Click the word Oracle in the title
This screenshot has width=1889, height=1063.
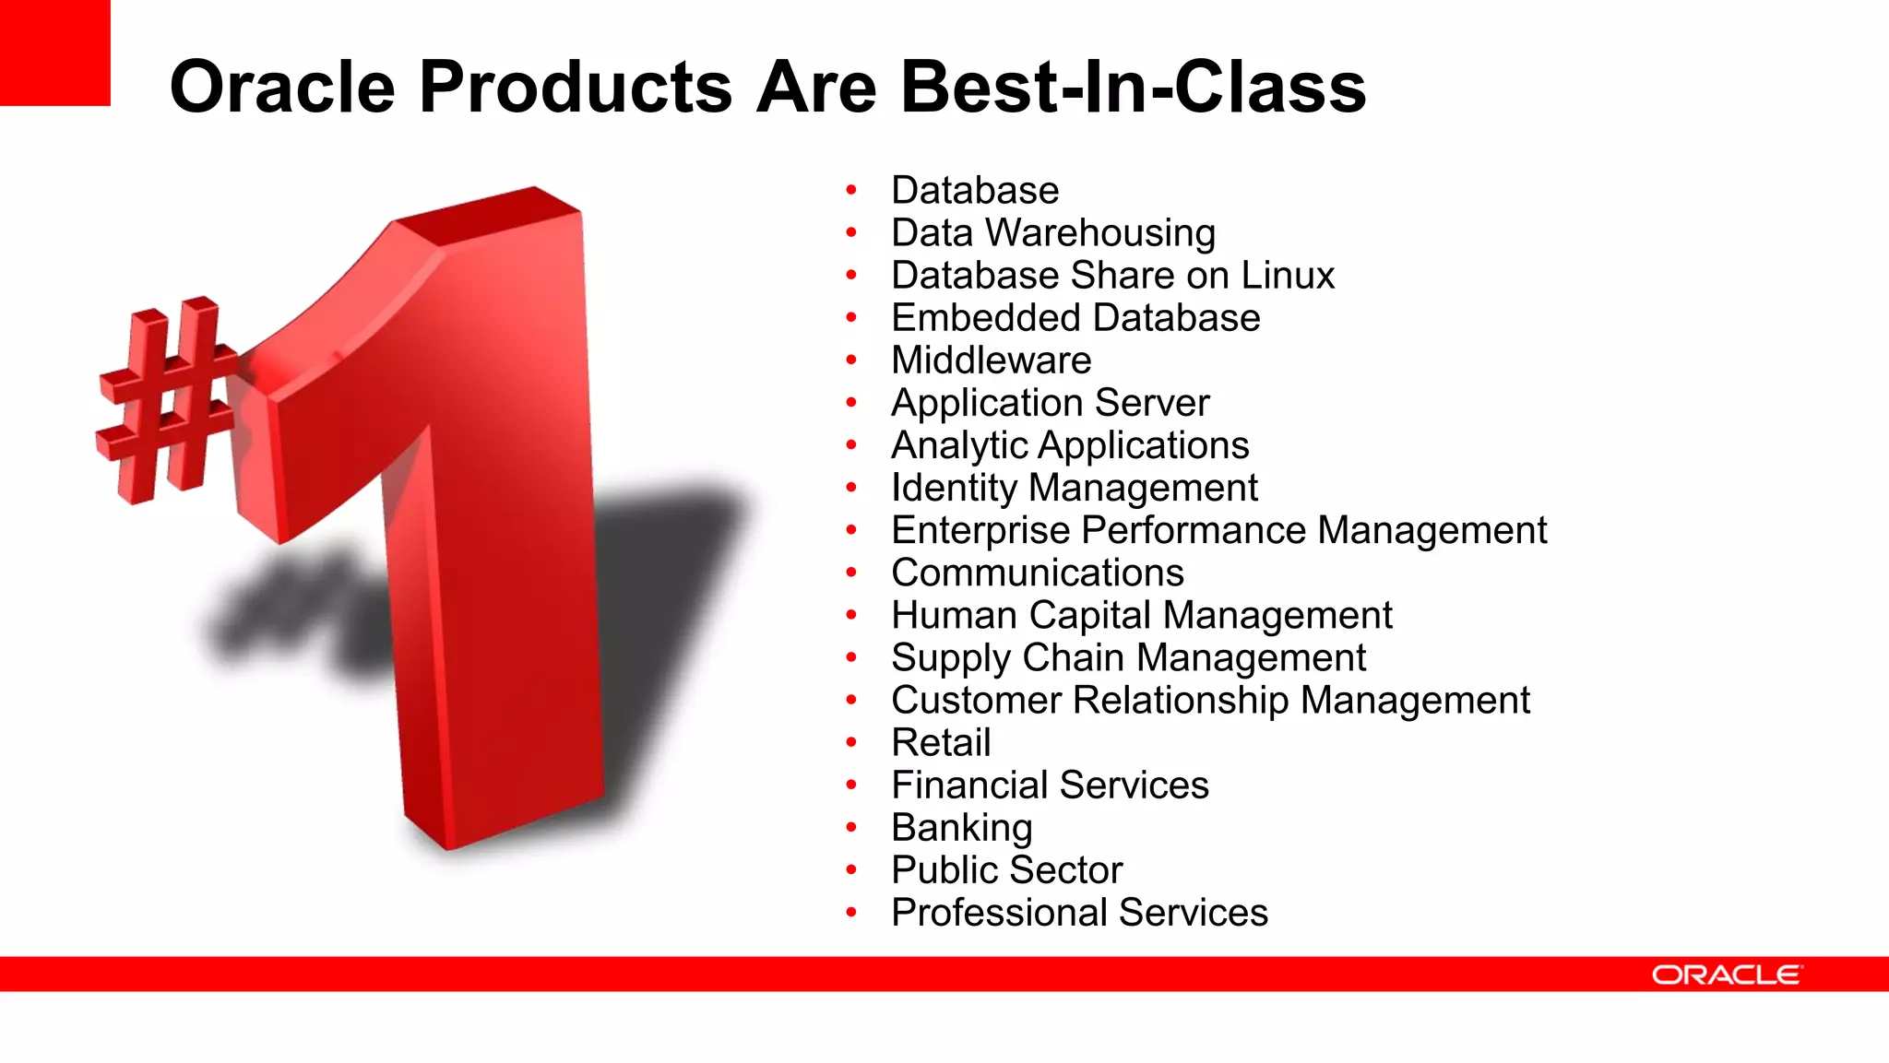[x=282, y=87]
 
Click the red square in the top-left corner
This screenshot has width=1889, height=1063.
[x=54, y=53]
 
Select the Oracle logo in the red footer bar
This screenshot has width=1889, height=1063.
[x=1726, y=974]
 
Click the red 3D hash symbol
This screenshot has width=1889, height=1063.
[x=166, y=400]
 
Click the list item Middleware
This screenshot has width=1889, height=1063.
[x=991, y=360]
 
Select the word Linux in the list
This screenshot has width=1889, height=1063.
[x=1288, y=276]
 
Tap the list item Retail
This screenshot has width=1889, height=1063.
[x=941, y=743]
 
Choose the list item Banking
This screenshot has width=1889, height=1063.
[x=961, y=828]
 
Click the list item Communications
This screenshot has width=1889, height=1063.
[x=1037, y=573]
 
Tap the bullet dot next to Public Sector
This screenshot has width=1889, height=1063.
[x=851, y=869]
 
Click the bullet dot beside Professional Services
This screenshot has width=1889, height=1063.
[x=851, y=913]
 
